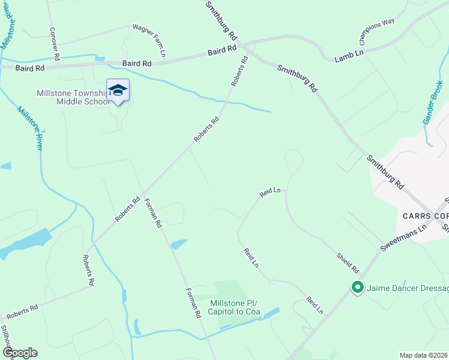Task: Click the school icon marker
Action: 118,91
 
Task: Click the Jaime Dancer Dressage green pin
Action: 357,289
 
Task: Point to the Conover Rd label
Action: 55,43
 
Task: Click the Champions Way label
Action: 376,32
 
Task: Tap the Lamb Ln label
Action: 349,54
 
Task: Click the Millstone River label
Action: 30,128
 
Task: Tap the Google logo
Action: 20,352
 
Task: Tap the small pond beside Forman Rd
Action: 178,244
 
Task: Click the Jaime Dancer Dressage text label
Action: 408,289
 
